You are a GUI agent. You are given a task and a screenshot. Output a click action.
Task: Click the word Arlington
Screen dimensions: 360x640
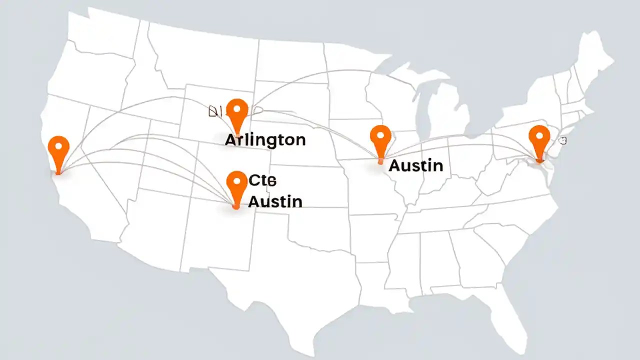pos(265,139)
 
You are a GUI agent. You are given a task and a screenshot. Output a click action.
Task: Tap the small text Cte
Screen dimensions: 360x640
pos(262,180)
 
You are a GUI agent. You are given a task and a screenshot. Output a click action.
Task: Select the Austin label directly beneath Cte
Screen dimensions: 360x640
pos(275,201)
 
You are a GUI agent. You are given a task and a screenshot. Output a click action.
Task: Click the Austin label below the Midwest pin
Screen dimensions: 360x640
pos(415,165)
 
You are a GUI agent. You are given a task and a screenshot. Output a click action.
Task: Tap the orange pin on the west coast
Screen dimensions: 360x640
pos(59,150)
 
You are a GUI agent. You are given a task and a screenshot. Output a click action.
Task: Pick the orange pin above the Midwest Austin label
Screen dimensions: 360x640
pos(380,140)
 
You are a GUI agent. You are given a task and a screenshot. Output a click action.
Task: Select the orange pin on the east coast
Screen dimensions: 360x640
pos(539,140)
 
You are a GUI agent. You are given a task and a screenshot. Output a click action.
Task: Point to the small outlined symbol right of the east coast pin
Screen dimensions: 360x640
pos(563,141)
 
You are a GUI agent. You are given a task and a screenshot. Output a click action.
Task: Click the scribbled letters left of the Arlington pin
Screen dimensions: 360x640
pos(215,111)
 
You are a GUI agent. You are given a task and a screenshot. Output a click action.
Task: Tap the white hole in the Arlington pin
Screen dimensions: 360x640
pos(237,108)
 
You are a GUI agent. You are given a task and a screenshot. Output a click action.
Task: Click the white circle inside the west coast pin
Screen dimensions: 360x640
pos(59,145)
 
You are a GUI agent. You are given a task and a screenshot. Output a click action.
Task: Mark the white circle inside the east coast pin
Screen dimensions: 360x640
pos(539,134)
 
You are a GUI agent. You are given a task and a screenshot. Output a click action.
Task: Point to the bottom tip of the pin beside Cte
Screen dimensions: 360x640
pos(236,206)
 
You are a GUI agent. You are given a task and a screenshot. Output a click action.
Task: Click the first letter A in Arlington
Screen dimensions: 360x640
pos(230,139)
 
